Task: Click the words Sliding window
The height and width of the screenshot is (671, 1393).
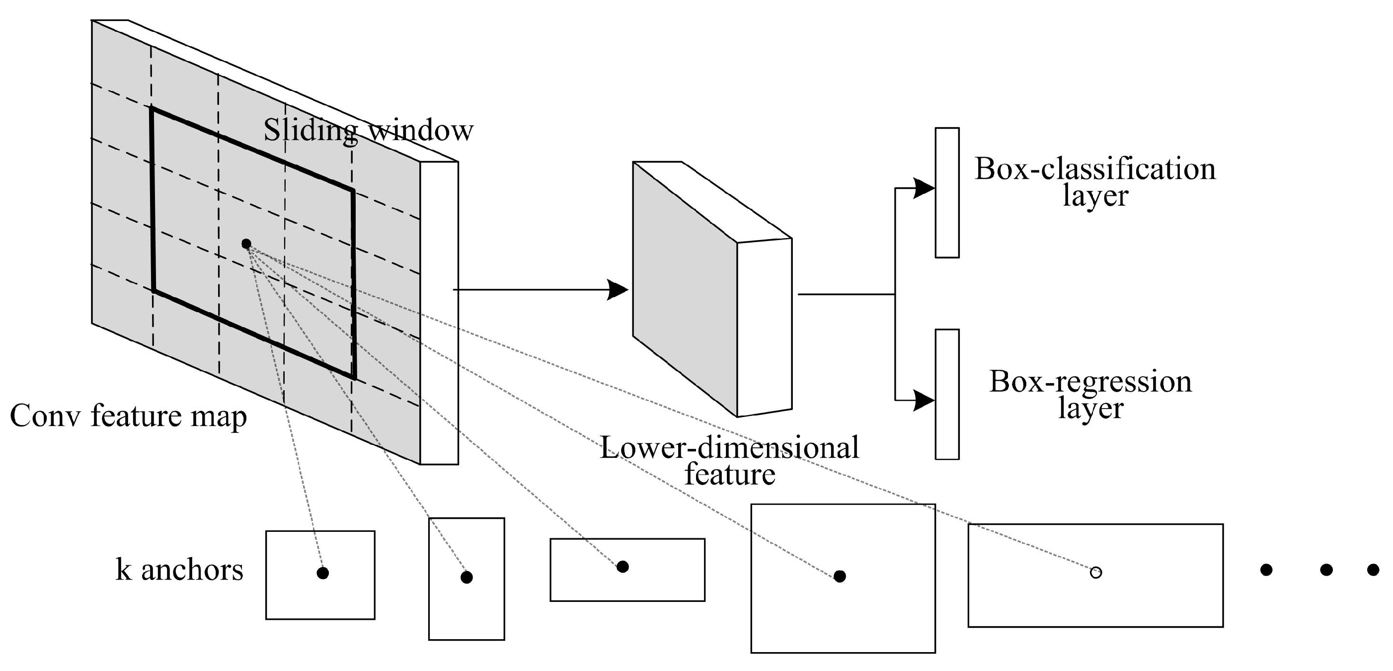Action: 368,130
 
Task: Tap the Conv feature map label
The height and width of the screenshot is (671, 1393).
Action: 128,416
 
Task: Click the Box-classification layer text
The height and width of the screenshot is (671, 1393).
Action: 1095,182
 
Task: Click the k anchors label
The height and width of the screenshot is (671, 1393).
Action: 179,570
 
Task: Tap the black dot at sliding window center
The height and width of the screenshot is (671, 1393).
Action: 246,244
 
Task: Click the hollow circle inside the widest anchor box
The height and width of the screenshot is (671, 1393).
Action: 1095,572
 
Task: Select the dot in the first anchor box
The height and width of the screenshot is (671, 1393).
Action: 323,573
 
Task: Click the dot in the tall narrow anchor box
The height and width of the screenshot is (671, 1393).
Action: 466,578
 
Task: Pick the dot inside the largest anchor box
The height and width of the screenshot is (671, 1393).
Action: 840,576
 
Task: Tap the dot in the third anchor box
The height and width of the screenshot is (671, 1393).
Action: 623,567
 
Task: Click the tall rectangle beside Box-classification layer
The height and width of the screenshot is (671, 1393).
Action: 947,193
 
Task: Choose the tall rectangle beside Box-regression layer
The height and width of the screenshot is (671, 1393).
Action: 947,395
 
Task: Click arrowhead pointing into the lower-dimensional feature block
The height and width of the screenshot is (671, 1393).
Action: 618,289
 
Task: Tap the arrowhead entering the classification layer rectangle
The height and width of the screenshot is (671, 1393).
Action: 924,188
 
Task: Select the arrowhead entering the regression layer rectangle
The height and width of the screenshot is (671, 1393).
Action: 924,401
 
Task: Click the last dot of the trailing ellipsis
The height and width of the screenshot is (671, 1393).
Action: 1373,570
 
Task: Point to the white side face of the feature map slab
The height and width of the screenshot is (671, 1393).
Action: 439,313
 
